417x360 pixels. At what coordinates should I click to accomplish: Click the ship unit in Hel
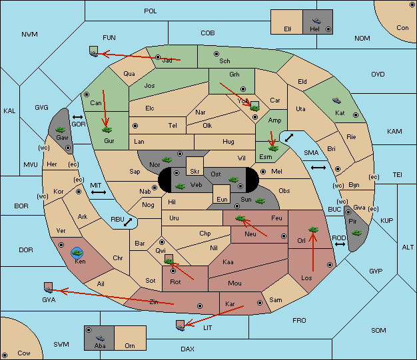316,21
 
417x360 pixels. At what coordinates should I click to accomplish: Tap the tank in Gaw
61,130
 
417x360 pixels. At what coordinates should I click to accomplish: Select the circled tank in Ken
77,253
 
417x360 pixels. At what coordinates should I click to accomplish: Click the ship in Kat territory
336,100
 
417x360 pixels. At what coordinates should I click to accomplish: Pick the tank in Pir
356,233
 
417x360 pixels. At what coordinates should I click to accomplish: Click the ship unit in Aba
101,338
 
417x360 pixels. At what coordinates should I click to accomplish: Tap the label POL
151,11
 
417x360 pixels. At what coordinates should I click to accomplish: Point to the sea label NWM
29,35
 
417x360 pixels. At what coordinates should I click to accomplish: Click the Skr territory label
195,172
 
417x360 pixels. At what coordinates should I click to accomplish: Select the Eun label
222,199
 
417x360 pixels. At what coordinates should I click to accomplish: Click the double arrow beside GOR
78,117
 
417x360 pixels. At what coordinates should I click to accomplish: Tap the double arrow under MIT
99,192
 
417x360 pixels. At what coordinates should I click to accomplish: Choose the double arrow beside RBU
128,222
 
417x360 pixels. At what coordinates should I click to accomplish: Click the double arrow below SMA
318,168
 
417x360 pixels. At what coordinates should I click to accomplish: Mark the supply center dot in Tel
135,125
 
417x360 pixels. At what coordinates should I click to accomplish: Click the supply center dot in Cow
5,355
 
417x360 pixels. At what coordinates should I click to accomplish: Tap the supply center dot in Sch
216,54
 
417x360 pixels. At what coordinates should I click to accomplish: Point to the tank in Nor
167,160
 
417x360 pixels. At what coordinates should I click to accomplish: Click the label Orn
130,345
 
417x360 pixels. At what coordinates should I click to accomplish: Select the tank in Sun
260,201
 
